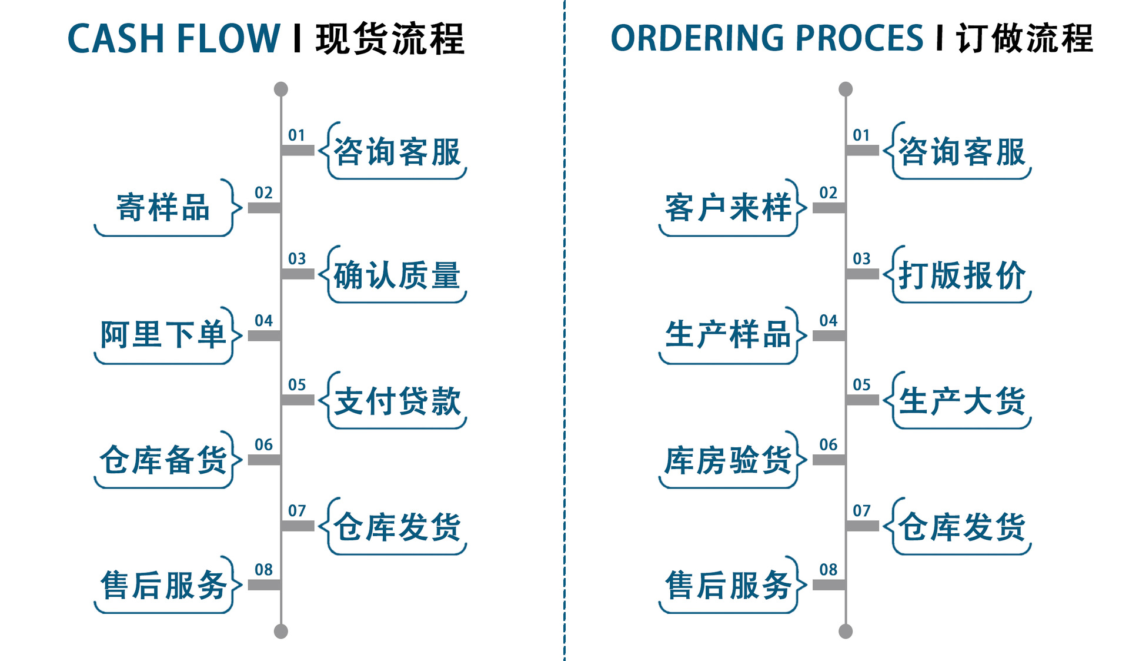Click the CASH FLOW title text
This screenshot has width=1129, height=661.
173,39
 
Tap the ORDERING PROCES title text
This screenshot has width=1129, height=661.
767,39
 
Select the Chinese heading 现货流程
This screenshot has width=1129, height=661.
390,39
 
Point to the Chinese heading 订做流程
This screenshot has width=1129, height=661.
1024,39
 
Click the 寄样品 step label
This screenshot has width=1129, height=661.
163,208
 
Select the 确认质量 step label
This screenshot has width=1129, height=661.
397,275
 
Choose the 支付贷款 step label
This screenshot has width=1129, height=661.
397,401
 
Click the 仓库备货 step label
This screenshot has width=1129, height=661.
163,460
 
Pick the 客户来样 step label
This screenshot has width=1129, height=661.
728,208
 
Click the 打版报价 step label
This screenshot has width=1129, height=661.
962,275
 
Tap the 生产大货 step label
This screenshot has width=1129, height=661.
962,401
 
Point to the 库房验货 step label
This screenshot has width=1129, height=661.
728,460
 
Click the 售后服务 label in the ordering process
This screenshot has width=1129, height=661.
728,586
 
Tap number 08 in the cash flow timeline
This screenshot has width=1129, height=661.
263,570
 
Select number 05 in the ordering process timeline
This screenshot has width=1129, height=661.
861,385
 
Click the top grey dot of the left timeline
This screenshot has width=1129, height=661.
281,89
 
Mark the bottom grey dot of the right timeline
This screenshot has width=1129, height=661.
846,632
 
